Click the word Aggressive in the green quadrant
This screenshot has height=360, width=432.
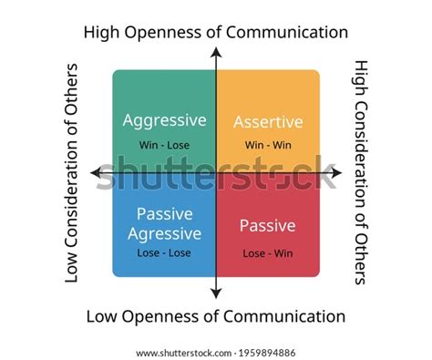coord(163,120)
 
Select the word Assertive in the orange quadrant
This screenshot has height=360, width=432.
coord(267,122)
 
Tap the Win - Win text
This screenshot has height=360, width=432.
coord(267,144)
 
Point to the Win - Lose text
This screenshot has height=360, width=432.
coord(164,143)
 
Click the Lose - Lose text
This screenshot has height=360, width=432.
coord(164,253)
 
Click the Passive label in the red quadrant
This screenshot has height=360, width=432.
coord(267,225)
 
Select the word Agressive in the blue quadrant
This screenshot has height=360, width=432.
coord(163,233)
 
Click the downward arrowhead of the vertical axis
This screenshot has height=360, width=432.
coord(216,293)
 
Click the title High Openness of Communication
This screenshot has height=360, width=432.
coord(216,32)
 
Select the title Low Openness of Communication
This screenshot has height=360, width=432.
coord(216,316)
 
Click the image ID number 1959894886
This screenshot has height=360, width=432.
coord(266,351)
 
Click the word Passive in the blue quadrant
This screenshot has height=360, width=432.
coord(163,214)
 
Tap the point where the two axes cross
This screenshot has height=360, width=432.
coord(216,172)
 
